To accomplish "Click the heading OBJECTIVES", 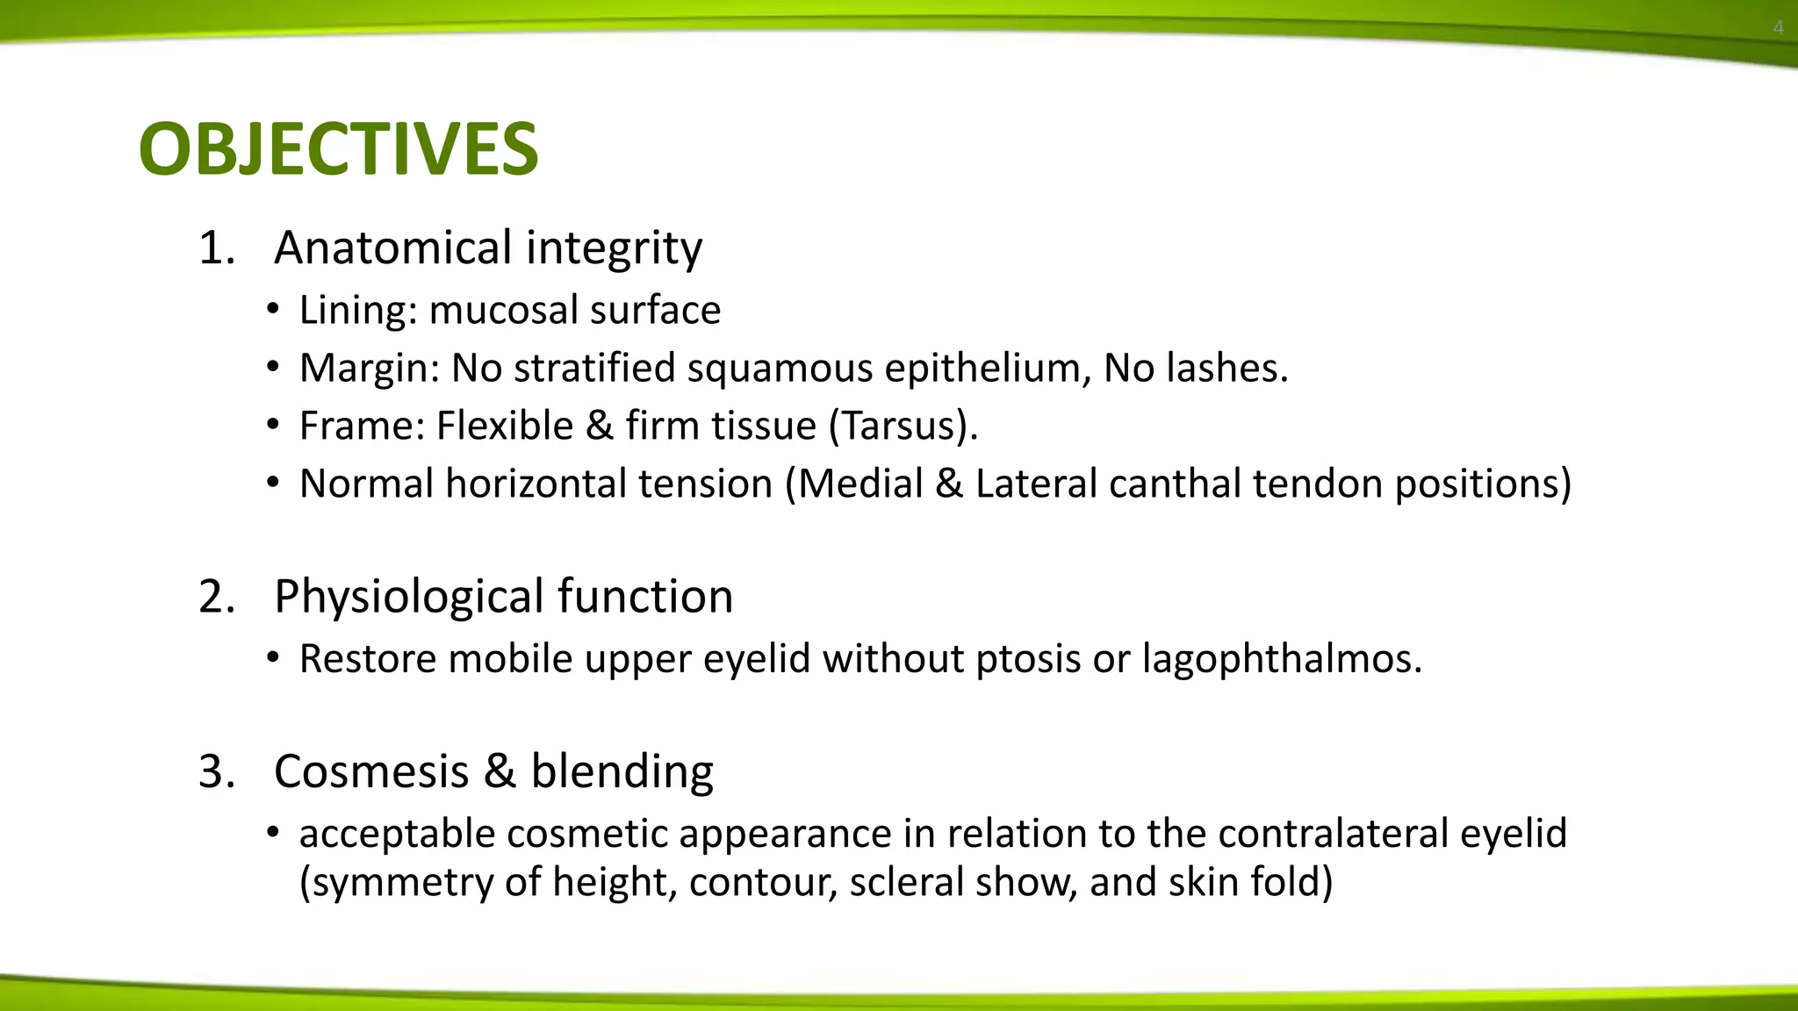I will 338,149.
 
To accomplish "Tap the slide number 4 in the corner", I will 1778,28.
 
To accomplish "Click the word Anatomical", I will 393,247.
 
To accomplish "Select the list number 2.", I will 216,597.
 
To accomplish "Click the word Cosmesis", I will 371,772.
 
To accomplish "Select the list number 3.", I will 216,772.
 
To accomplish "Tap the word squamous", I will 780,369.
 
